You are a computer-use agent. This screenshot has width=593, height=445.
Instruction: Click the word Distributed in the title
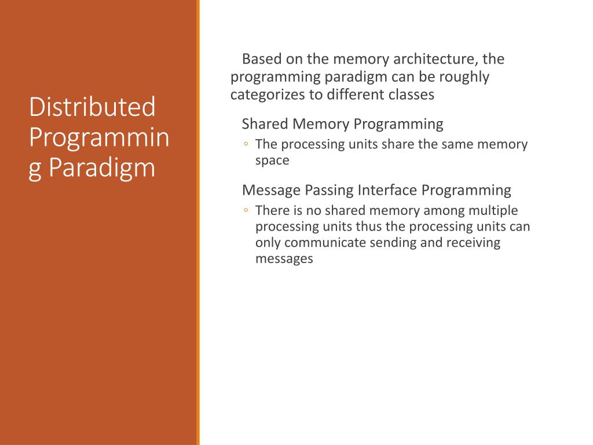click(92, 108)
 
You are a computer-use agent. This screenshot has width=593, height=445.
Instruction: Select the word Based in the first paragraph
click(261, 59)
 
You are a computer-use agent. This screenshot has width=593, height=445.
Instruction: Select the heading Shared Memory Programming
click(342, 124)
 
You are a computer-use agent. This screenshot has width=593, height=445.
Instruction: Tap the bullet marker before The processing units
click(246, 145)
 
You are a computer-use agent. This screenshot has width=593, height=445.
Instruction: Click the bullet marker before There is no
click(246, 211)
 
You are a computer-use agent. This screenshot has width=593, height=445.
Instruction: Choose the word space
click(272, 161)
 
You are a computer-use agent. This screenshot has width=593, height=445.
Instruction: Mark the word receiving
click(473, 243)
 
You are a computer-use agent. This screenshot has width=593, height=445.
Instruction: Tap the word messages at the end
click(284, 259)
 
